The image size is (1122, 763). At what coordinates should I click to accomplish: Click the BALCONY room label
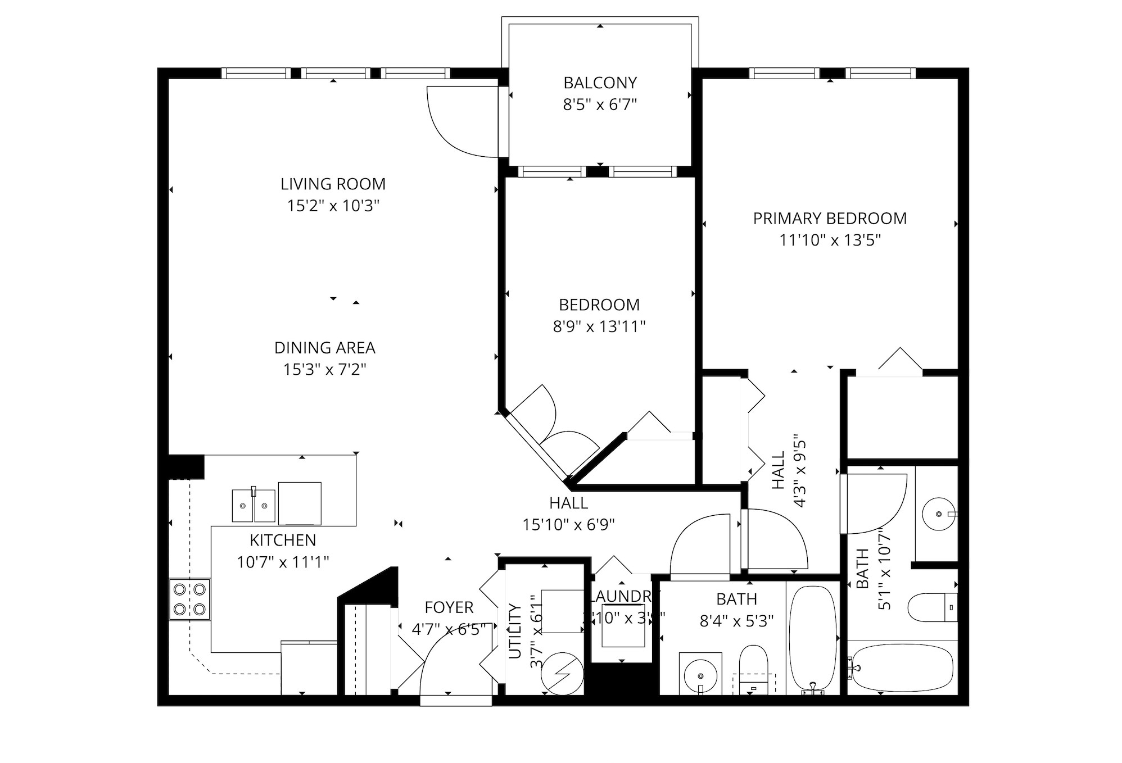click(x=600, y=83)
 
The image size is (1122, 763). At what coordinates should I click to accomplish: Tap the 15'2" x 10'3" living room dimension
click(x=333, y=206)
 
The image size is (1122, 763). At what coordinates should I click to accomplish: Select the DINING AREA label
click(x=324, y=348)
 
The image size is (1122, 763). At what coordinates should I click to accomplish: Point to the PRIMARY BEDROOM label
click(x=830, y=219)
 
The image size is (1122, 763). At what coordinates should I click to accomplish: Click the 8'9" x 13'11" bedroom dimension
click(x=599, y=326)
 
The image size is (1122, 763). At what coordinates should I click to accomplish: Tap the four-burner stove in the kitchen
click(x=189, y=599)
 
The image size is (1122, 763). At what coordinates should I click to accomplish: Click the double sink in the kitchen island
click(x=254, y=505)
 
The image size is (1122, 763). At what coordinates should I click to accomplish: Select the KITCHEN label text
click(x=283, y=540)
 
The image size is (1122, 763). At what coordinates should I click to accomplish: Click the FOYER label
click(x=449, y=607)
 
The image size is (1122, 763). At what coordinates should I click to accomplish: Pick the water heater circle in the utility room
click(x=563, y=672)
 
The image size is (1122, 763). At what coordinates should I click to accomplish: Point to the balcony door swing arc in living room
click(x=455, y=126)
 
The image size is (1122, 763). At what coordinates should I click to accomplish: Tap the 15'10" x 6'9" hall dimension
click(x=568, y=525)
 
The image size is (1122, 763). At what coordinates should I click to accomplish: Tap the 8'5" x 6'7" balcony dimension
click(x=600, y=105)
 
